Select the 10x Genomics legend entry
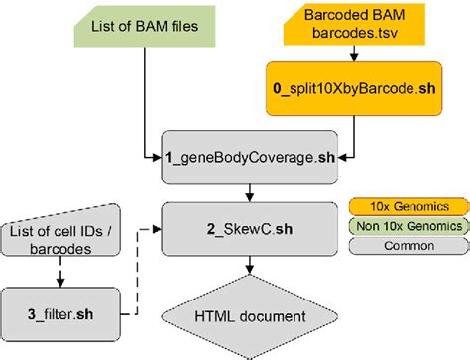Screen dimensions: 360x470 [x=407, y=205]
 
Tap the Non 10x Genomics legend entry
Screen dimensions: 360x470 [x=407, y=226]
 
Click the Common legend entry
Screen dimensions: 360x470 [x=407, y=246]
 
